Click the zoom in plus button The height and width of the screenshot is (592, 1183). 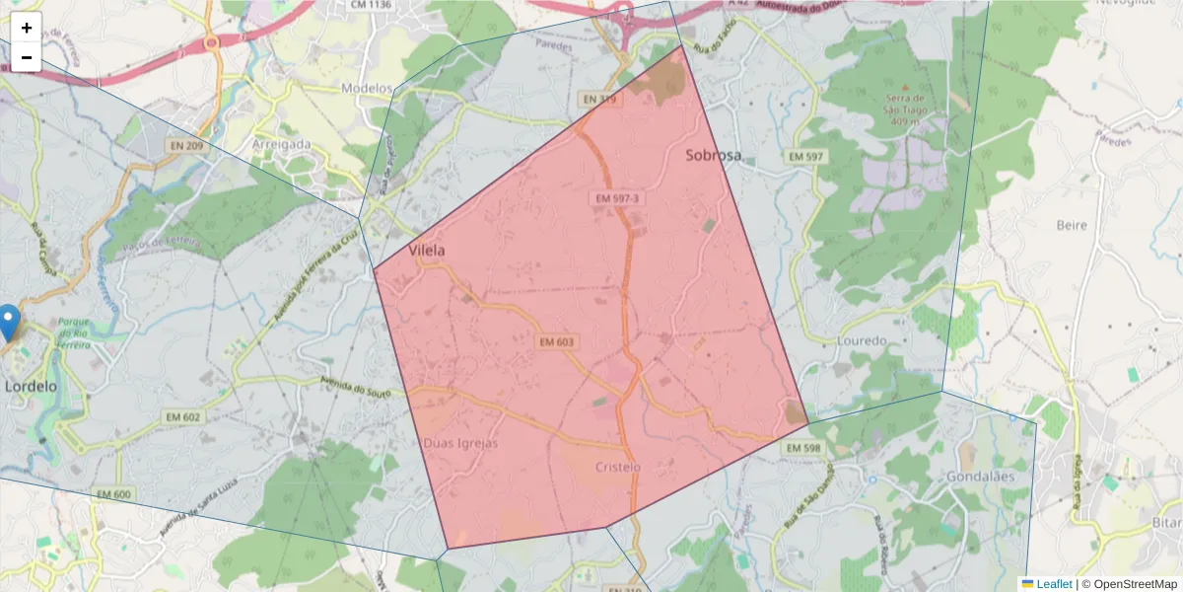point(27,28)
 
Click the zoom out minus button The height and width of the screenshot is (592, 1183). point(27,57)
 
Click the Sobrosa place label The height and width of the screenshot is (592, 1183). point(713,155)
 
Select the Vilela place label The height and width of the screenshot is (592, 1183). point(427,251)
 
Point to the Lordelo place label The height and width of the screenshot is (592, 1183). point(32,386)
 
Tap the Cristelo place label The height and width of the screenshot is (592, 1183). point(619,467)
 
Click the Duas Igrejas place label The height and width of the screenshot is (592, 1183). point(460,443)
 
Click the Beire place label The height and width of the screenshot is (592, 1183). point(1072,225)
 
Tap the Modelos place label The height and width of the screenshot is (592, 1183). point(366,88)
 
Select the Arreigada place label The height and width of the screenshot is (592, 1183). point(281,144)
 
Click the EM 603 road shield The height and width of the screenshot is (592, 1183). point(557,342)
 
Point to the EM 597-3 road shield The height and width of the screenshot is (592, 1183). point(618,198)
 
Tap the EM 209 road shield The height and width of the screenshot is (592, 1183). point(186,147)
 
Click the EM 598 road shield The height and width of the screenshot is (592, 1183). point(804,448)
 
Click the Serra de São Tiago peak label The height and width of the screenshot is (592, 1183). point(904,104)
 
